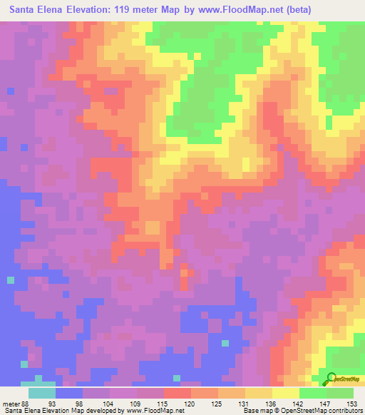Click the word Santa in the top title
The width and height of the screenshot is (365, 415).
(x=25, y=11)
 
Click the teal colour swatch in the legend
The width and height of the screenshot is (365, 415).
(x=42, y=394)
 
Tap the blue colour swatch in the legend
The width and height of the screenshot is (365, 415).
(x=69, y=394)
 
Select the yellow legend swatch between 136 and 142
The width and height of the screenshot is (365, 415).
(x=285, y=394)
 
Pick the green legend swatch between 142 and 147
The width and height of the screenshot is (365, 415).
(x=312, y=394)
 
